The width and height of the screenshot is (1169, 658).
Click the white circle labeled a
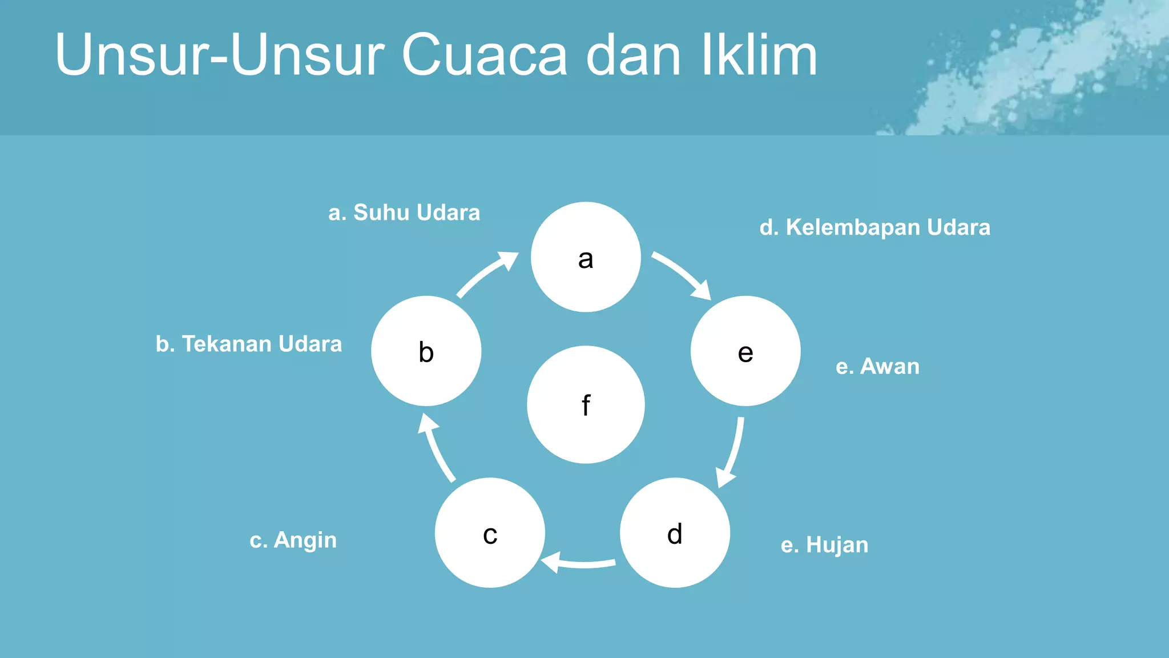click(x=586, y=257)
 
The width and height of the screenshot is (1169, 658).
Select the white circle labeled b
click(x=426, y=351)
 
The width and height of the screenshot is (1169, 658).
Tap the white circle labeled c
click(x=490, y=532)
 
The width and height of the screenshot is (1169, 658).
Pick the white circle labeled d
click(x=675, y=532)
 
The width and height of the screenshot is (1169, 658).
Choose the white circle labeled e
click(x=745, y=351)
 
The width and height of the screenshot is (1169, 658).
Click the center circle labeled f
click(x=586, y=404)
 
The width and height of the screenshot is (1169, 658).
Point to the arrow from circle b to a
click(x=486, y=273)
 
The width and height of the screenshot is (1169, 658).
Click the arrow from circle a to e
click(x=683, y=274)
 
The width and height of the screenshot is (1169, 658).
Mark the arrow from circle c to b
click(x=436, y=448)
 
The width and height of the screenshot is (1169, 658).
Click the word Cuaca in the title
click(x=485, y=55)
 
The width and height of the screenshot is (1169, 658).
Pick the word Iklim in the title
click(x=759, y=55)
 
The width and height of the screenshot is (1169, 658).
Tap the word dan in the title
click(x=634, y=55)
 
